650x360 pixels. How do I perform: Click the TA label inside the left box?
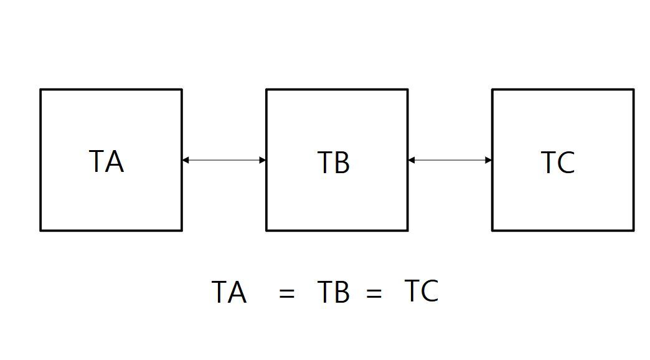click(106, 161)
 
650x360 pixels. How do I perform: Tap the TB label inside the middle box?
click(334, 162)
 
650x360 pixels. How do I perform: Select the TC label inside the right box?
click(558, 162)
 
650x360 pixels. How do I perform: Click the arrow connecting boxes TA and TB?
click(224, 160)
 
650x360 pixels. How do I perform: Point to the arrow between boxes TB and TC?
click(450, 160)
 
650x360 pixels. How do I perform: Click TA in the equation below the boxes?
click(229, 292)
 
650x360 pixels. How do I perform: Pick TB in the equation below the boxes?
click(334, 292)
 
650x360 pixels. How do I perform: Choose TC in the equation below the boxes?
click(422, 290)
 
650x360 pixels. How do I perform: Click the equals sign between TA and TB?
click(287, 293)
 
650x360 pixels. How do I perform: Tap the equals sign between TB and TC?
click(374, 293)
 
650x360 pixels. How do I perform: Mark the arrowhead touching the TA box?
click(186, 160)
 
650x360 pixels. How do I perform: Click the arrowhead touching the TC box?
click(488, 160)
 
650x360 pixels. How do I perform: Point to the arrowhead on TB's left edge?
click(262, 160)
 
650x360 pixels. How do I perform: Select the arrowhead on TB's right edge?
click(412, 160)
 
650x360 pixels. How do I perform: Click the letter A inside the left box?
click(115, 161)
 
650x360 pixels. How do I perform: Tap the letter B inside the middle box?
click(342, 162)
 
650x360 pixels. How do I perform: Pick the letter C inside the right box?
click(567, 162)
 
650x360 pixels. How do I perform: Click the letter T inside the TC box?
click(549, 162)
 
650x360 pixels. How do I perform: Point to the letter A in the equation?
click(238, 292)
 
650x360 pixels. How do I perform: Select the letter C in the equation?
click(430, 290)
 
